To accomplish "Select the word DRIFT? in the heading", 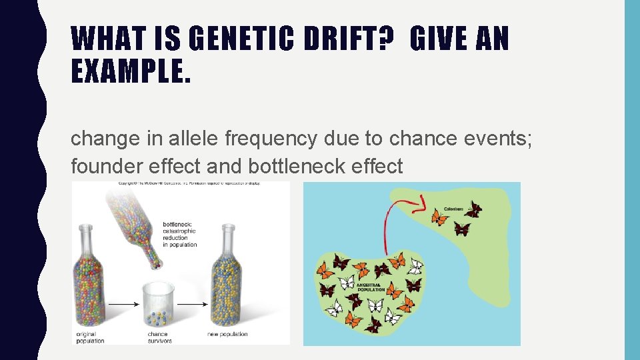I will (363, 39).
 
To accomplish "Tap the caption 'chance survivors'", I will (159, 337).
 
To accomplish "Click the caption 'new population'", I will (227, 334).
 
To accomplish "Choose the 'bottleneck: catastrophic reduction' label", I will (180, 234).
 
